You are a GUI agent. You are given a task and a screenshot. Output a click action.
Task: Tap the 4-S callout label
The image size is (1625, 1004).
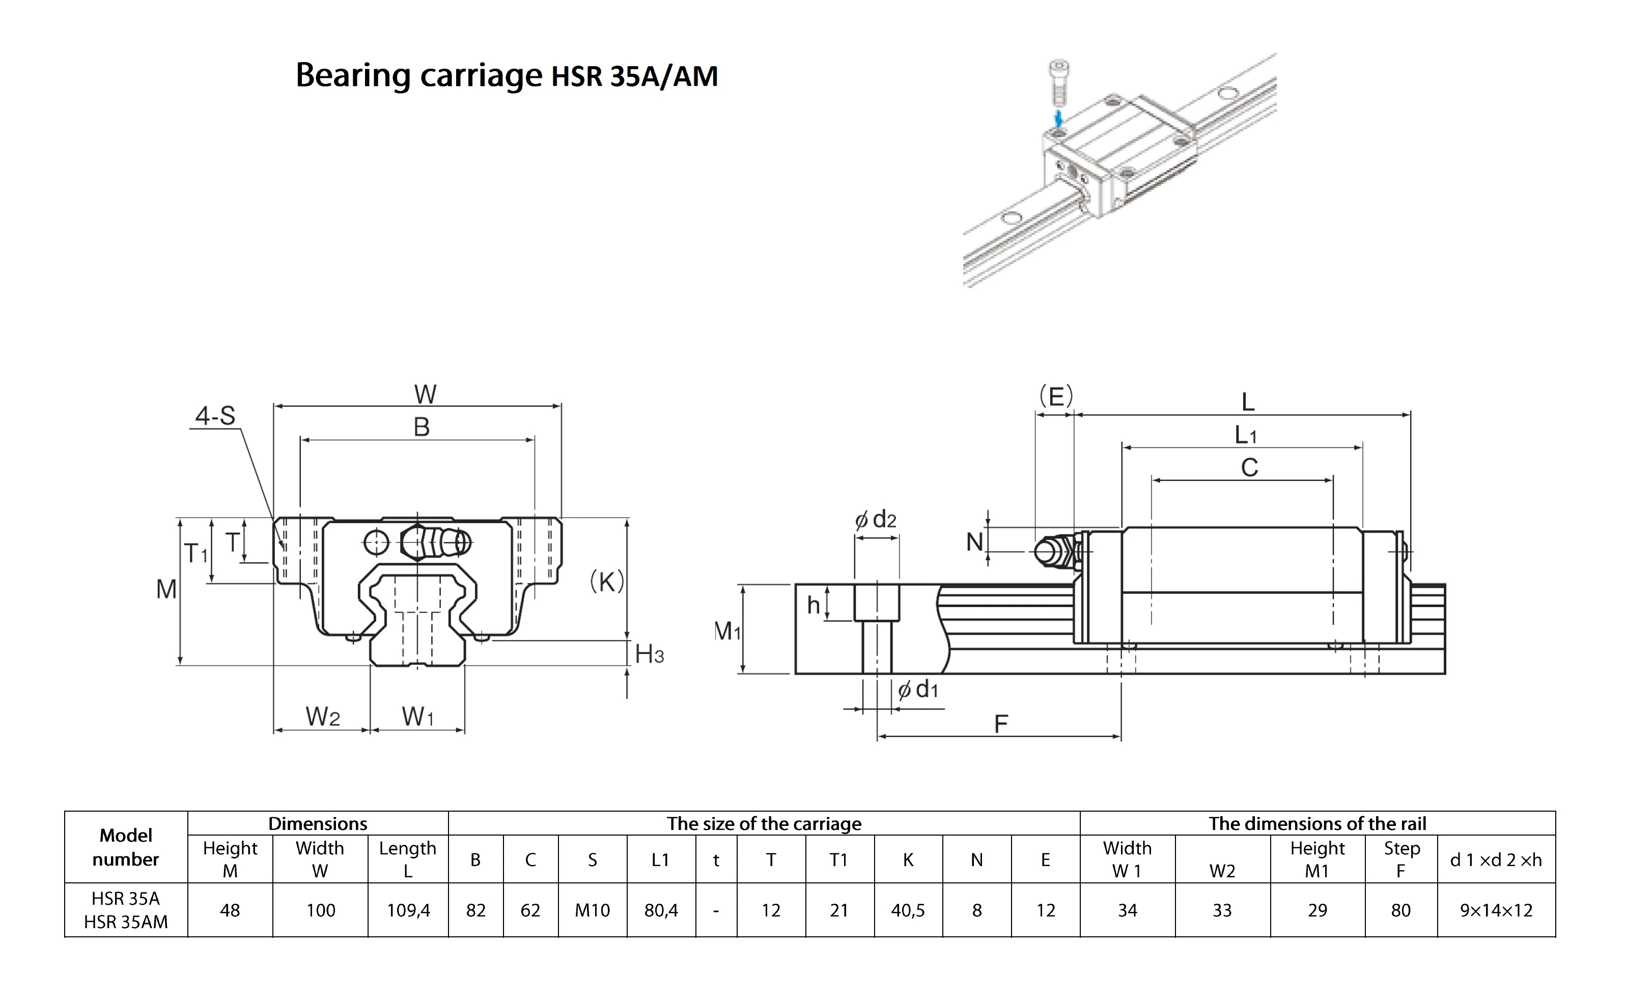215,416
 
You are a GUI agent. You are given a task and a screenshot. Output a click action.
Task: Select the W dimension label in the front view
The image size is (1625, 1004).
425,394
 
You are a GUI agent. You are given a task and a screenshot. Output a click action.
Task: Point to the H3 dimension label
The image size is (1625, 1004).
649,655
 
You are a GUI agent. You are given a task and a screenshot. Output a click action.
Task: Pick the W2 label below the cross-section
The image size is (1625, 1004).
323,716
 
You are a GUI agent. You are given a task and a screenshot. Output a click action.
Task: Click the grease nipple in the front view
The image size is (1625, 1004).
435,542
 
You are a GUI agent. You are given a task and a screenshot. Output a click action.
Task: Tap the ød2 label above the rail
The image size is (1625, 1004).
876,519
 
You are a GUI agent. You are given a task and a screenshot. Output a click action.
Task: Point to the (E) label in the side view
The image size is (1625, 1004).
1056,396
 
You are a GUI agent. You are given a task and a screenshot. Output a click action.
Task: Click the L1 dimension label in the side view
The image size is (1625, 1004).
1246,436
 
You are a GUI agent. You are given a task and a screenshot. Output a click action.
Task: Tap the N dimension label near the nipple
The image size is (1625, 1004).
974,542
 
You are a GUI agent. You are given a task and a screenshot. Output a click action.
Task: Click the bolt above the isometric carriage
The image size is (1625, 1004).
1058,83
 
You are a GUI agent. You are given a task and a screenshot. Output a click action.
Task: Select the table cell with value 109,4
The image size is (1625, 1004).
408,910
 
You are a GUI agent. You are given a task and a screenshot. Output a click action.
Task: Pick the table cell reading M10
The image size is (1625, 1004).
592,910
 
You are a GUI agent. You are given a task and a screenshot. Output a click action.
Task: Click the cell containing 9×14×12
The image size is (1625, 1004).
1496,910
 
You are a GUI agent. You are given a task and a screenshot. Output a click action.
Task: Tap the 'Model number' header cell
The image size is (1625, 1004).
126,847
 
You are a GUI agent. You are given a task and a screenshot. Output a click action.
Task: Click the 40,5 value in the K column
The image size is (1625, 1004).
908,910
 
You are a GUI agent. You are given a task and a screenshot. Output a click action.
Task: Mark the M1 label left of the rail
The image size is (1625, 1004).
727,631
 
